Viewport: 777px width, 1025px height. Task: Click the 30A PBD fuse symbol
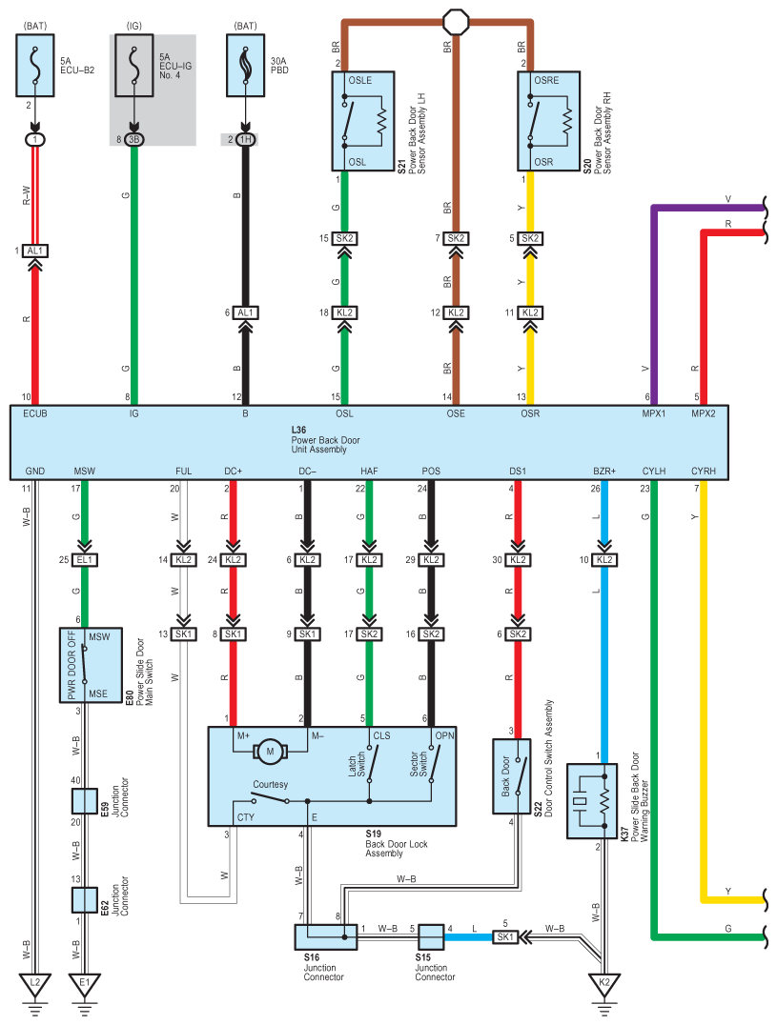pos(245,66)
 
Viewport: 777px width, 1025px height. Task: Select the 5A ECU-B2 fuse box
pos(34,66)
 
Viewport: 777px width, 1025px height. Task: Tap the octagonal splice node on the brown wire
pos(456,22)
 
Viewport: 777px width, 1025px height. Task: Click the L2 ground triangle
pos(35,984)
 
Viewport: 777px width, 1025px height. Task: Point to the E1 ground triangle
pos(84,984)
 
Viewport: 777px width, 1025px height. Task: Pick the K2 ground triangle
pos(604,984)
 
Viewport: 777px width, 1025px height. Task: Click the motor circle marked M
pos(270,752)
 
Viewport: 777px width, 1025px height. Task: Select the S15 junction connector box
pos(431,936)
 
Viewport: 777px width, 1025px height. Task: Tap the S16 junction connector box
pos(326,936)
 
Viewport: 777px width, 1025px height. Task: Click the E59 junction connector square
pos(84,801)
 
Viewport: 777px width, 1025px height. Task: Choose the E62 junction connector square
pos(84,900)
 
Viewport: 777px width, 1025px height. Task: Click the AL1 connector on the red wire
pos(35,251)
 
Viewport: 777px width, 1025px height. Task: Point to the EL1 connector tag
pos(84,560)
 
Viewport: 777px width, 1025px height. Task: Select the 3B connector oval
pos(133,139)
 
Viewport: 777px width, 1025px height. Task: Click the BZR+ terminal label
pos(604,471)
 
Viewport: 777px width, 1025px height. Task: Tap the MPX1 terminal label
pos(653,413)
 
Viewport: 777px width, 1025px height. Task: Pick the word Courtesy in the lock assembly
pos(270,784)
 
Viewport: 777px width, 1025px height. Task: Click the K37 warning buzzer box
pos(591,801)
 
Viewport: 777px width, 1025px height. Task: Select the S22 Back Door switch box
pos(511,776)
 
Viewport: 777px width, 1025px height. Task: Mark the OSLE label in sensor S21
pos(359,80)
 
